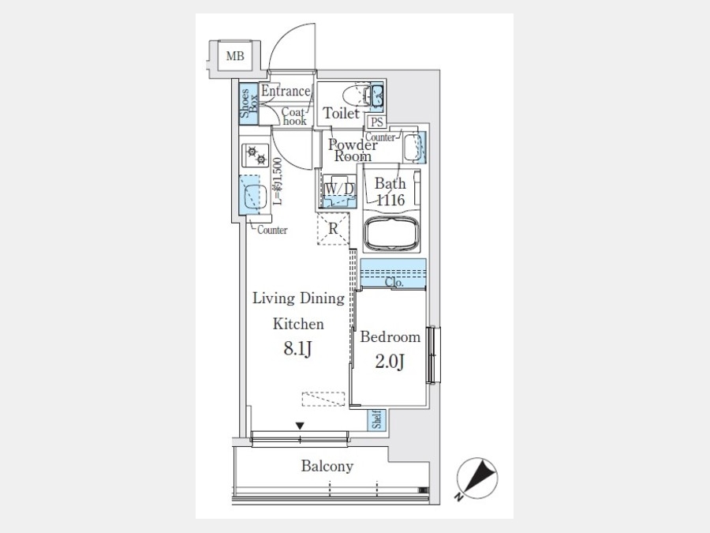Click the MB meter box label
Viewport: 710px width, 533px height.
click(x=235, y=56)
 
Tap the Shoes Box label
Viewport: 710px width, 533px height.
click(x=248, y=103)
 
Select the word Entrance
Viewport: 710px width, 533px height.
click(x=286, y=91)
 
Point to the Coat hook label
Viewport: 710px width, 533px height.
click(x=294, y=116)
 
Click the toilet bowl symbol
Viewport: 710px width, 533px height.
click(x=353, y=96)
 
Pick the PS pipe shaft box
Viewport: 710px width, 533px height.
click(x=377, y=122)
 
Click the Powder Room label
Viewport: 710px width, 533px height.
click(x=353, y=150)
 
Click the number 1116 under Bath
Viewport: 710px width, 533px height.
click(x=390, y=200)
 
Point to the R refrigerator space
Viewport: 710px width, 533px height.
click(x=333, y=229)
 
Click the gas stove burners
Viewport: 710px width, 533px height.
click(x=256, y=156)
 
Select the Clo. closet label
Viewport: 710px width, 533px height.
click(x=394, y=282)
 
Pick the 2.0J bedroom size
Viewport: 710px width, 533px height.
click(x=390, y=361)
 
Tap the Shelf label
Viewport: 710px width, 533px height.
click(x=377, y=420)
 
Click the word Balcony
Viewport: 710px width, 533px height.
click(x=327, y=466)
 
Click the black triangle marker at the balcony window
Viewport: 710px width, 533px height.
click(x=300, y=426)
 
